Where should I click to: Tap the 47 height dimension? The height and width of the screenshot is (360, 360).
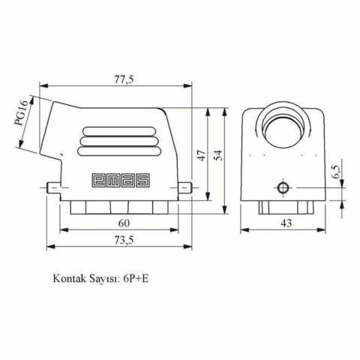click(x=200, y=155)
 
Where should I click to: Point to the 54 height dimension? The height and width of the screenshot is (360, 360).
click(x=218, y=155)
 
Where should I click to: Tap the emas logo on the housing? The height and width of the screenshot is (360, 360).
click(x=120, y=180)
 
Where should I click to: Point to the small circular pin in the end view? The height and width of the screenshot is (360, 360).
click(x=283, y=187)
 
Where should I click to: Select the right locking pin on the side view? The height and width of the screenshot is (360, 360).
click(x=187, y=187)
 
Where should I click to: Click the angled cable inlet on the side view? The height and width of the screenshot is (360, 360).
click(x=52, y=131)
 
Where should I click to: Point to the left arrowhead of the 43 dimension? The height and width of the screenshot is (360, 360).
click(x=244, y=231)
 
